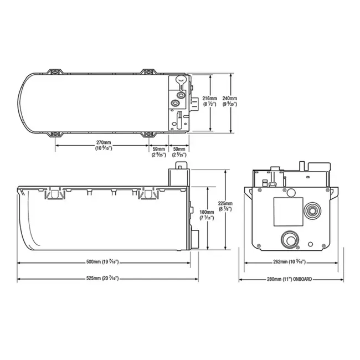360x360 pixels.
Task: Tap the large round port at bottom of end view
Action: [289, 239]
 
